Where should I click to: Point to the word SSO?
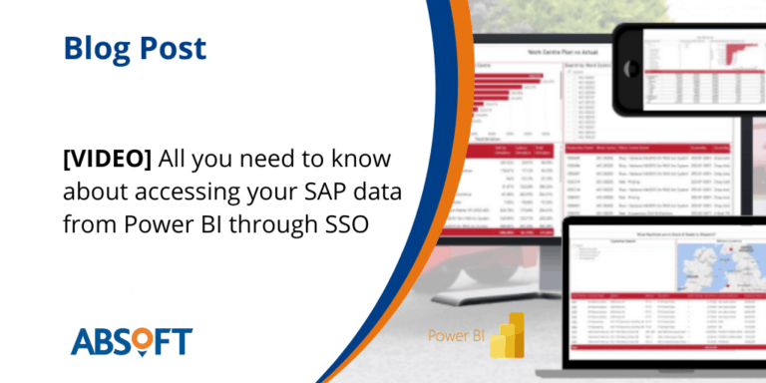click(x=345, y=223)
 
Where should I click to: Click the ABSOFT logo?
click(x=131, y=340)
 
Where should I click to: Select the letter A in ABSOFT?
click(x=84, y=341)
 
